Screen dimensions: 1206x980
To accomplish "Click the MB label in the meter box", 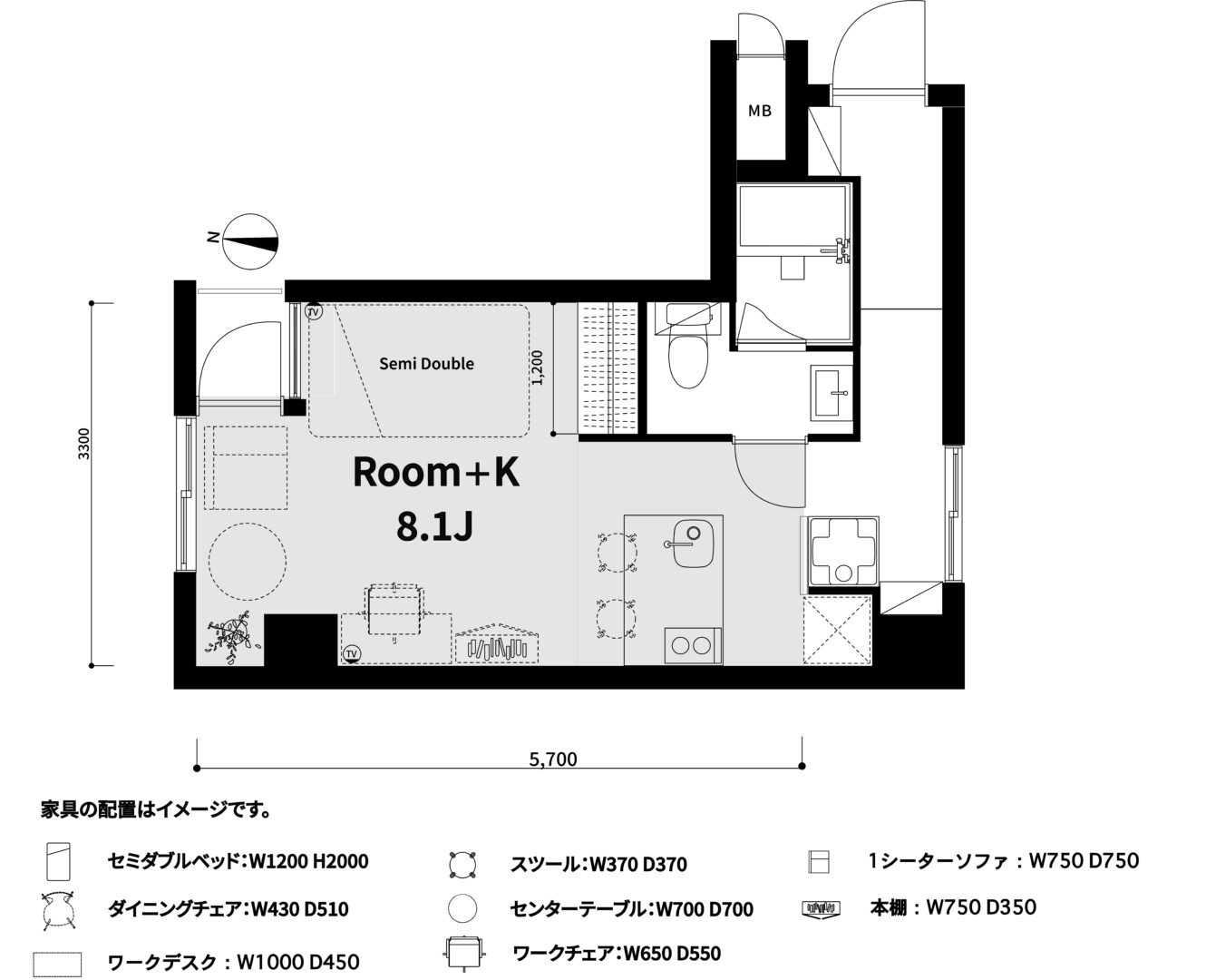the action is pyautogui.click(x=759, y=111).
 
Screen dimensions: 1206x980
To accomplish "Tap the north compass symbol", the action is pyautogui.click(x=249, y=242).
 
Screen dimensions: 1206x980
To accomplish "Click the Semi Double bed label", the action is pyautogui.click(x=426, y=364).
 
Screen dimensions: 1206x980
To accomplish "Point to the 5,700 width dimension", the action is pyautogui.click(x=553, y=759).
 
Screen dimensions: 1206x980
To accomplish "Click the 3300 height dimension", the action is pyautogui.click(x=83, y=444).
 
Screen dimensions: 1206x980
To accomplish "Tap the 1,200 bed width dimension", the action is pyautogui.click(x=538, y=367).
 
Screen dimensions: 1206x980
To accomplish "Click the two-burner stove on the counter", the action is pyautogui.click(x=693, y=646).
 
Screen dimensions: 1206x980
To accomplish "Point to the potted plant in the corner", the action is pyautogui.click(x=231, y=637).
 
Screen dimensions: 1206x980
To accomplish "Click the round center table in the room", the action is pyautogui.click(x=248, y=561).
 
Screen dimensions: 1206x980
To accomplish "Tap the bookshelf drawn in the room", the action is pyautogui.click(x=497, y=643).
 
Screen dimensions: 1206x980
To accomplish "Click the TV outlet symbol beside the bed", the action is pyautogui.click(x=313, y=311).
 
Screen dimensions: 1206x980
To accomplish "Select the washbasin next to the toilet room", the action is pyautogui.click(x=832, y=393).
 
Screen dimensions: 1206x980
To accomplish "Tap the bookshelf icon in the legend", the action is pyautogui.click(x=821, y=908).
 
